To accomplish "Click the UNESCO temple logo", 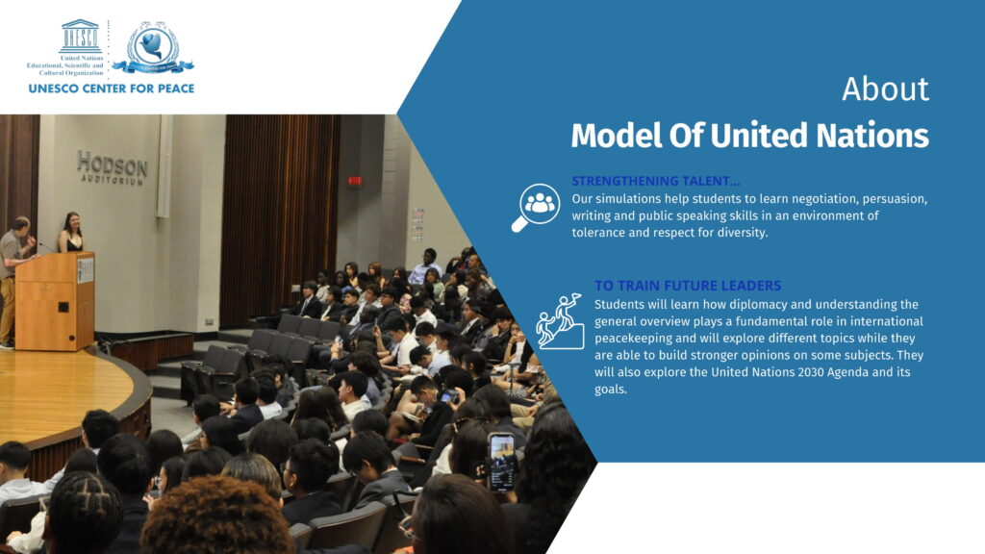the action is (x=81, y=37).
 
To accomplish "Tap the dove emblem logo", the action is (x=153, y=46).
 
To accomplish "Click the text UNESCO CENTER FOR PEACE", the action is (x=112, y=88).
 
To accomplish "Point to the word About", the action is (x=885, y=88).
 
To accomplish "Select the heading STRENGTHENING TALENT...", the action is (x=656, y=181).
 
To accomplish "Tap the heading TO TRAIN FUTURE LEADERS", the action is (x=688, y=286).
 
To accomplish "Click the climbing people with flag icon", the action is (x=560, y=321).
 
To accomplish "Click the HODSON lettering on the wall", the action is (x=113, y=165).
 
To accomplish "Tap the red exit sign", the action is (x=355, y=181).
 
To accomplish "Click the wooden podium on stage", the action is (x=55, y=301).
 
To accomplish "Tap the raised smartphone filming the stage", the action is (x=502, y=462).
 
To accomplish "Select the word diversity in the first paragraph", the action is (x=744, y=233).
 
